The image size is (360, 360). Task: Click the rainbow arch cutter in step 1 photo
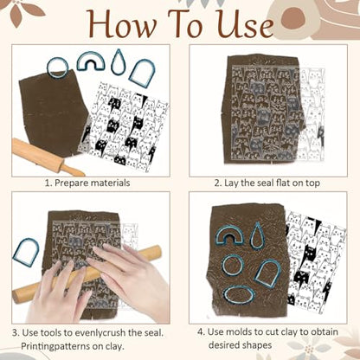coord(90,55)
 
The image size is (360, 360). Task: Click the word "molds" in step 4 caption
coord(237,332)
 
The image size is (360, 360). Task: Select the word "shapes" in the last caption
coord(257,345)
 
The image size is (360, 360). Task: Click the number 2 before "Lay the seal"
coord(216,183)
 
